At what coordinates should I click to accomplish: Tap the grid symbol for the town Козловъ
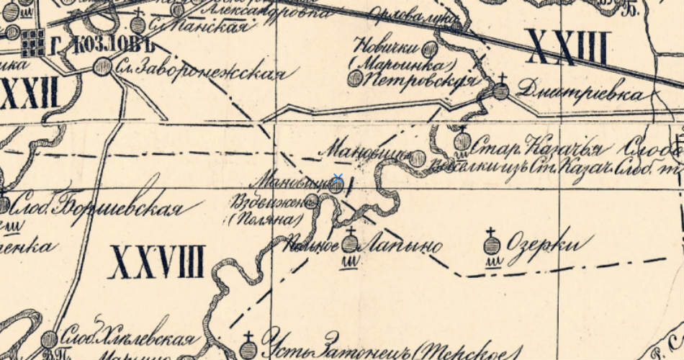32,42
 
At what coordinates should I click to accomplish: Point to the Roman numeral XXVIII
157,261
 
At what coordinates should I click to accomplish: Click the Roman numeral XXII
29,94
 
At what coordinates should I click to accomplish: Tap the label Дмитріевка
578,94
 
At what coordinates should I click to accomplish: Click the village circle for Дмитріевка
501,91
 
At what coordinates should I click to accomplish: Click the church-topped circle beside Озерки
492,245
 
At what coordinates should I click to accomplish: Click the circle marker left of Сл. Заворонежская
103,67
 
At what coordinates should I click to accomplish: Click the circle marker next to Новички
429,49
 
